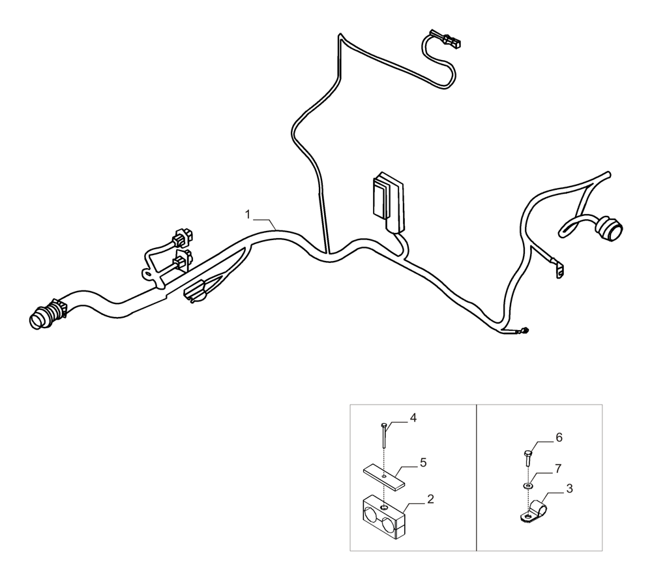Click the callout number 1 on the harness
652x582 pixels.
(247, 214)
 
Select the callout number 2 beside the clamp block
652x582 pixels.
(430, 499)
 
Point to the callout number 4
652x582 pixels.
(412, 417)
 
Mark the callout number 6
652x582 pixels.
(559, 437)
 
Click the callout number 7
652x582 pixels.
(557, 468)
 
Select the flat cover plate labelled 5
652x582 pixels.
(385, 476)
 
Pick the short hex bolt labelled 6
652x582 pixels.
(527, 456)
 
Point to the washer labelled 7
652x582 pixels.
(527, 486)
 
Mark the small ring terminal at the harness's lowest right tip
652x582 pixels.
(524, 332)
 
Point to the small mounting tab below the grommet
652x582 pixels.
(559, 271)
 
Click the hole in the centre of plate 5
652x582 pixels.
(385, 476)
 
